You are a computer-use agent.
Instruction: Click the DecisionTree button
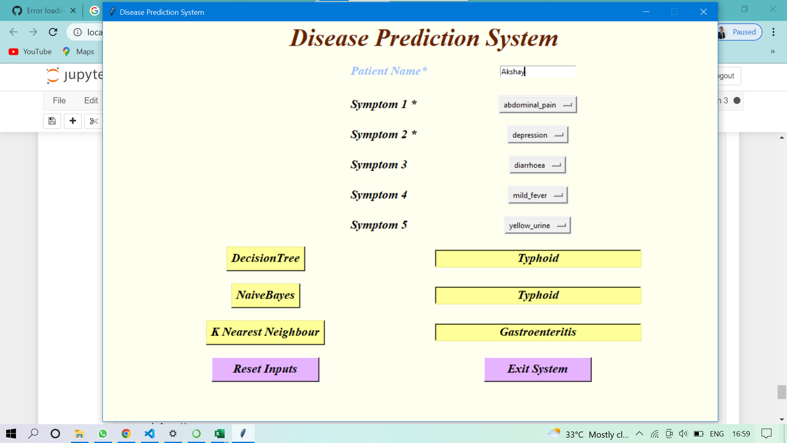click(x=266, y=258)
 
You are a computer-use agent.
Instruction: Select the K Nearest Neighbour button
click(x=265, y=332)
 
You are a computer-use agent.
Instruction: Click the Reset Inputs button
click(x=265, y=369)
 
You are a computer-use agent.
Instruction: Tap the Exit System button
click(x=537, y=369)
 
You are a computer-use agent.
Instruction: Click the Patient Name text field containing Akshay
click(x=537, y=71)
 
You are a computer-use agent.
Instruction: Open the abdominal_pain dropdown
click(x=537, y=105)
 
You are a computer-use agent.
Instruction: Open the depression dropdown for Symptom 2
click(x=537, y=135)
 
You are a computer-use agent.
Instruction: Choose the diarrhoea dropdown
click(x=537, y=165)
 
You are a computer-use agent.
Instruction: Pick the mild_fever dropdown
click(x=537, y=195)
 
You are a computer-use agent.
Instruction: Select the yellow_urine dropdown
click(x=537, y=225)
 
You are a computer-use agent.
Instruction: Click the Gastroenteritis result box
click(x=538, y=332)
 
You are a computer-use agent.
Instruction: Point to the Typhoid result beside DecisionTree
click(x=538, y=258)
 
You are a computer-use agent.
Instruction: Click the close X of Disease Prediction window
click(x=703, y=12)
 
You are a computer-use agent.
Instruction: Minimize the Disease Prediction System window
click(x=646, y=12)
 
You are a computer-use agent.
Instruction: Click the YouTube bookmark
click(x=31, y=52)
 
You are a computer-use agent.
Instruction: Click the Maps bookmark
click(x=79, y=52)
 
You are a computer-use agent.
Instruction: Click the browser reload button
click(x=53, y=32)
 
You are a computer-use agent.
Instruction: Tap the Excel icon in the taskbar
click(x=219, y=434)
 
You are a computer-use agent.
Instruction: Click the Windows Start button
click(x=11, y=434)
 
